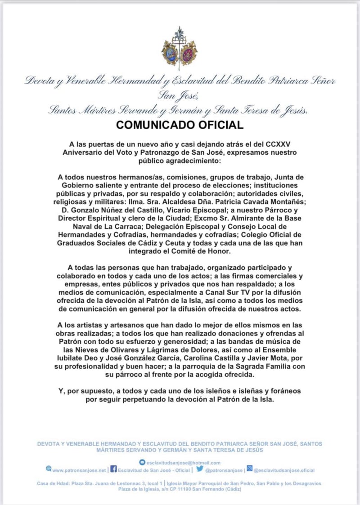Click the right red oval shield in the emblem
coord(189,53)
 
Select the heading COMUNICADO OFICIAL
coord(180,125)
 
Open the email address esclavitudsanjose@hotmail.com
coord(183,462)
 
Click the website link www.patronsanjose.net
coord(79,470)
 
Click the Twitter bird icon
coord(200,469)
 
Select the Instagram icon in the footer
coord(249,469)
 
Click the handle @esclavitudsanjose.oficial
coord(284,470)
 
